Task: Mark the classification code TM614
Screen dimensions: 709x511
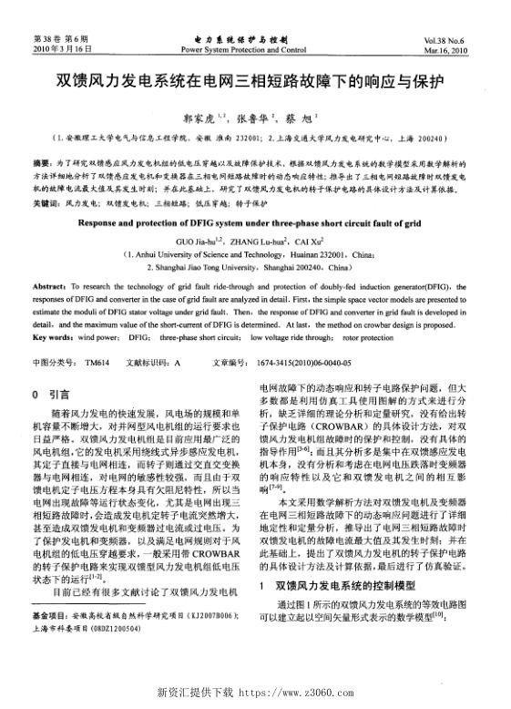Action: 97,361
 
